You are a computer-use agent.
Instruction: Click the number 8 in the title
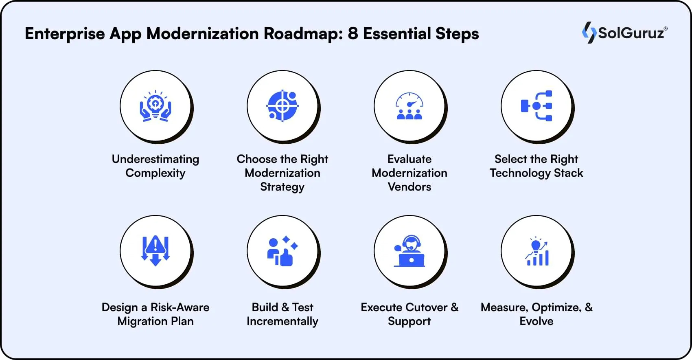353,33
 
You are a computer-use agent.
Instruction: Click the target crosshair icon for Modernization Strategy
282,106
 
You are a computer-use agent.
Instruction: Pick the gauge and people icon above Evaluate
410,106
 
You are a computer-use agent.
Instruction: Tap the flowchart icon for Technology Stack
537,106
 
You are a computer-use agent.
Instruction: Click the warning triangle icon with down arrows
155,251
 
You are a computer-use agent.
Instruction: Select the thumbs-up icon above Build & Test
282,251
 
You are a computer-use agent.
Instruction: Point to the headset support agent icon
410,251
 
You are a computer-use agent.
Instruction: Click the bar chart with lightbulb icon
537,251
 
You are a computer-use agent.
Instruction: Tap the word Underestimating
155,159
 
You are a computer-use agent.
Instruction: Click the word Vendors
410,187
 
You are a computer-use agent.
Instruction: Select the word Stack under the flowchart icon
568,173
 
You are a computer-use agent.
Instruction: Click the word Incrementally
282,321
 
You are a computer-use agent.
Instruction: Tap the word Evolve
537,321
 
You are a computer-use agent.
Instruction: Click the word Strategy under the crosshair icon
282,187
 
